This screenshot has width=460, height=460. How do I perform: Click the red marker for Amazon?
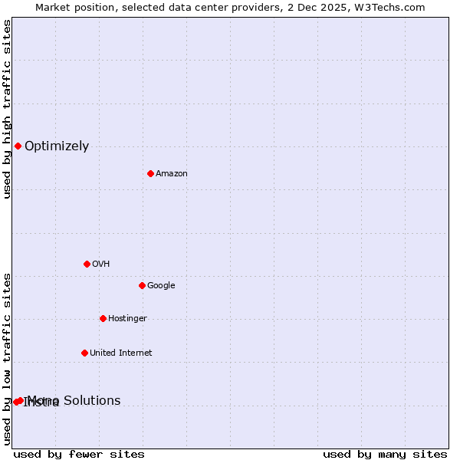tap(150, 173)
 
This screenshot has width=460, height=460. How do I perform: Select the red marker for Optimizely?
tap(18, 146)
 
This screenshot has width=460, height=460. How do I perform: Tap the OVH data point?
tap(87, 264)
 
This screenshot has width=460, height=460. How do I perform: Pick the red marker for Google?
tap(142, 285)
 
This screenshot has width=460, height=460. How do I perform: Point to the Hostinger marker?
tap(103, 318)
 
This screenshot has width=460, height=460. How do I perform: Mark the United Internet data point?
tap(84, 353)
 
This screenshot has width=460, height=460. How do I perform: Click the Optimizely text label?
tap(57, 146)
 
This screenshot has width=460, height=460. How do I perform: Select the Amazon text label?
tap(172, 174)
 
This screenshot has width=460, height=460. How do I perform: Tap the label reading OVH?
tap(101, 264)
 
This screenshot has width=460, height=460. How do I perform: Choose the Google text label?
tap(161, 286)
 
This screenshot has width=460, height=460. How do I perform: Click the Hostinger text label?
tap(127, 319)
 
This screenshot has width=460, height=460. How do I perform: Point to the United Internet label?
tap(120, 353)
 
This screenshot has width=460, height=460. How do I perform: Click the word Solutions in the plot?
tap(92, 400)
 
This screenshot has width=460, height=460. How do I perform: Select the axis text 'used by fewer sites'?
tap(79, 454)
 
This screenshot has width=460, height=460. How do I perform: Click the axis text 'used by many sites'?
tap(385, 454)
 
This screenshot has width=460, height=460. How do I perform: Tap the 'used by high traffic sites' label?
tap(7, 109)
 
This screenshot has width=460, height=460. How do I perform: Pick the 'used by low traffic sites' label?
tap(7, 359)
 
